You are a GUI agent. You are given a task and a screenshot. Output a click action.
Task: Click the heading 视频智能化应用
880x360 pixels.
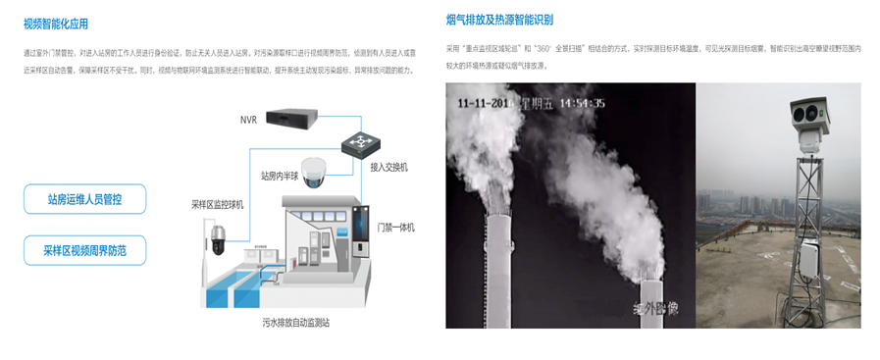click(62, 25)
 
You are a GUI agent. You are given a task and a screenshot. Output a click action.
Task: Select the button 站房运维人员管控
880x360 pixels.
click(84, 199)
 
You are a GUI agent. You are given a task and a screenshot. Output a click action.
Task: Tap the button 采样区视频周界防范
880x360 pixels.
click(84, 250)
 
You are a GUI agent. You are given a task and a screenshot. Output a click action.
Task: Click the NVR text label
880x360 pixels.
click(248, 120)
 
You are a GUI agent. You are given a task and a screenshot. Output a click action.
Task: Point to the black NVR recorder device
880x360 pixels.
click(298, 117)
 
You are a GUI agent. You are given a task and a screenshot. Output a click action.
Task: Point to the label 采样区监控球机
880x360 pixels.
click(217, 204)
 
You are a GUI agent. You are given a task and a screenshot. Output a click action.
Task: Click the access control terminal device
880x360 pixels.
click(362, 231)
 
